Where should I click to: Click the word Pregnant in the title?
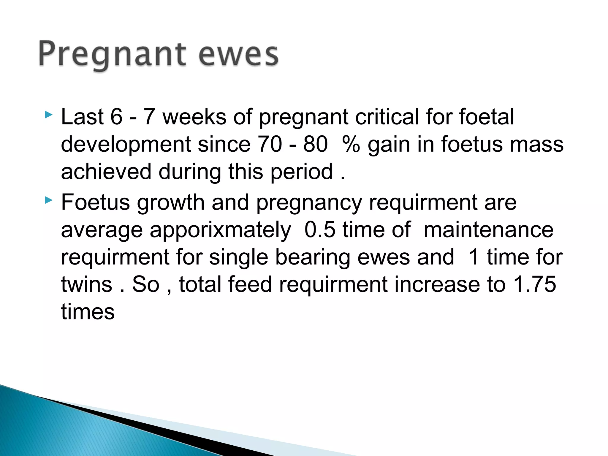112,54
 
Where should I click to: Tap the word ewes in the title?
238,54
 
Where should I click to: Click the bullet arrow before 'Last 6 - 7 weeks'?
49,115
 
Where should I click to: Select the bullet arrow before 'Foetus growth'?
49,201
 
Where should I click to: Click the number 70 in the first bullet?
270,144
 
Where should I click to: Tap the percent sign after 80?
351,144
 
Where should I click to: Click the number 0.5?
320,229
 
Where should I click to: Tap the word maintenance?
488,229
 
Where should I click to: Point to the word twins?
87,284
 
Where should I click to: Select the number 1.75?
535,284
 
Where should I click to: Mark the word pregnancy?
309,203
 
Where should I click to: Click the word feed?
245,284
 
